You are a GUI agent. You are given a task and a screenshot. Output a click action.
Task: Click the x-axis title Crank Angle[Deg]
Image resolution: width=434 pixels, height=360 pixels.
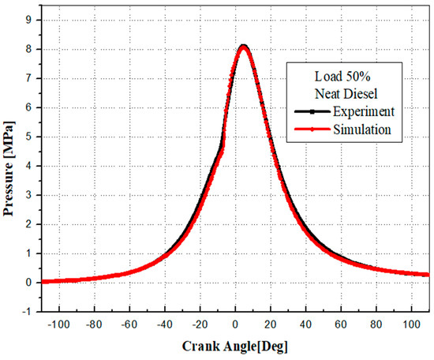click(234, 346)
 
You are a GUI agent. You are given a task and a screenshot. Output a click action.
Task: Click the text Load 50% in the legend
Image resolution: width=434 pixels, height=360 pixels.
click(346, 78)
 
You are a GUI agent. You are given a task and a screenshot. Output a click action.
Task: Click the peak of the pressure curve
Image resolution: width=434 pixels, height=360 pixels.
click(244, 47)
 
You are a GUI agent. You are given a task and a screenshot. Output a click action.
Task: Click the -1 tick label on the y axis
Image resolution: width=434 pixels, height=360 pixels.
click(28, 311)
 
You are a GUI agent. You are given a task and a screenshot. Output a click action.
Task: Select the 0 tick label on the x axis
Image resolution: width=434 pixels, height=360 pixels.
click(234, 324)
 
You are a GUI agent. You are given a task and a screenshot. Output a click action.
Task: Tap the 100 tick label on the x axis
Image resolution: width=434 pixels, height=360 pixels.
click(410, 324)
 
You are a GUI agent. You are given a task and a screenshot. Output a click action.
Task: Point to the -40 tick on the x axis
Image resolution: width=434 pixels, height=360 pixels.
click(163, 324)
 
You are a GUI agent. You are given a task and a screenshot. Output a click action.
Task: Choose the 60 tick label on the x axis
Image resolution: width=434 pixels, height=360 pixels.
click(340, 324)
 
